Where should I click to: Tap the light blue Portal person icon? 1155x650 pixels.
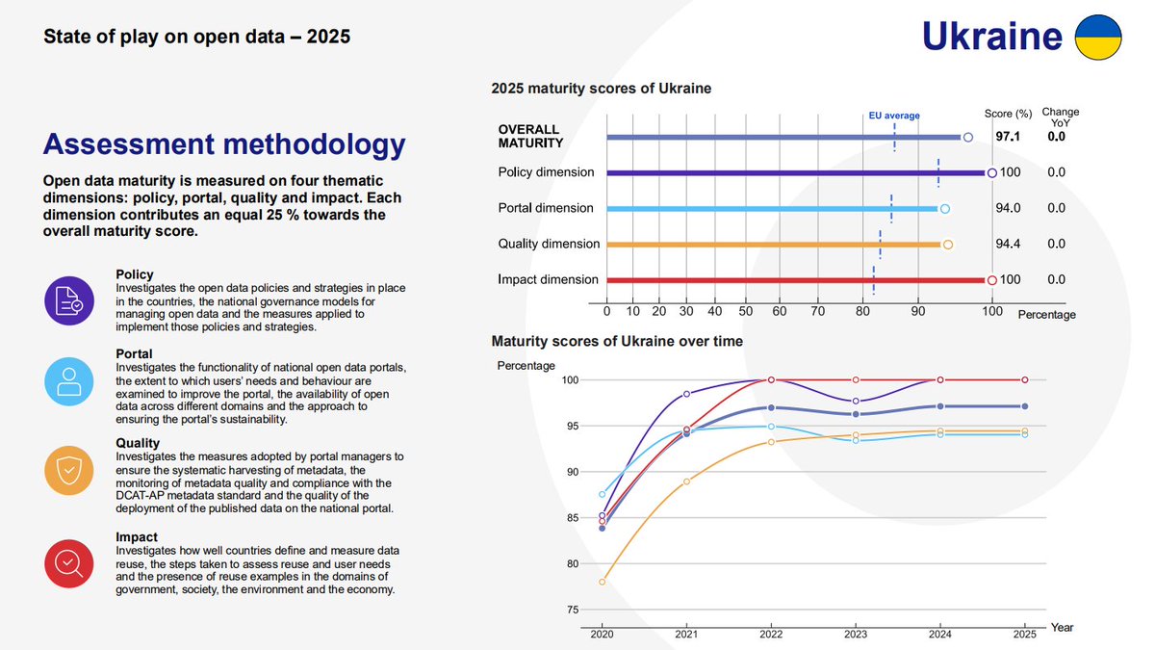pyautogui.click(x=68, y=382)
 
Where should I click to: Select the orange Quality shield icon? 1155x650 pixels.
pyautogui.click(x=68, y=469)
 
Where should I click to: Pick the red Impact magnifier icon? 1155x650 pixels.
pyautogui.click(x=68, y=561)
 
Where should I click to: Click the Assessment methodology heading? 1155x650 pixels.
pyautogui.click(x=224, y=144)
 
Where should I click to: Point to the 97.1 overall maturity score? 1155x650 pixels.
pyautogui.click(x=1007, y=137)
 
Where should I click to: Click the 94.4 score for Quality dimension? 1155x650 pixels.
pyautogui.click(x=1007, y=244)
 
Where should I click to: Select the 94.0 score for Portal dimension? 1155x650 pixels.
pyautogui.click(x=1007, y=208)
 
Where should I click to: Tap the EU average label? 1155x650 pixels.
pyautogui.click(x=894, y=116)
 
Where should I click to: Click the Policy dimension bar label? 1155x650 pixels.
pyautogui.click(x=546, y=172)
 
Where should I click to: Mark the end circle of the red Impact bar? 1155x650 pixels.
pyautogui.click(x=991, y=280)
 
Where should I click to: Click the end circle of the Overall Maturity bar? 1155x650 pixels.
pyautogui.click(x=968, y=138)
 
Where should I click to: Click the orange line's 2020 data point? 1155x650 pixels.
pyautogui.click(x=603, y=582)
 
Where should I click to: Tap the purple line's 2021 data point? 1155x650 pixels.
pyautogui.click(x=686, y=394)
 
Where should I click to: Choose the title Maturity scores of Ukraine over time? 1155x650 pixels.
pyautogui.click(x=617, y=341)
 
